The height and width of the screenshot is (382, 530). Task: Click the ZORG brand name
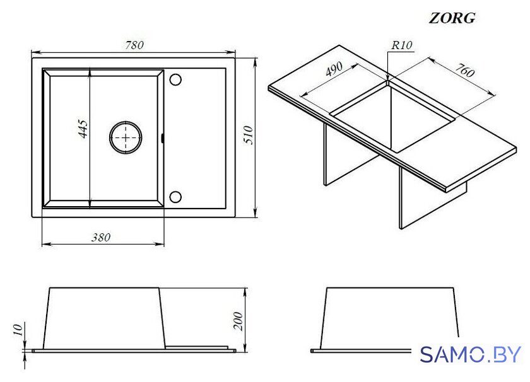click(452, 18)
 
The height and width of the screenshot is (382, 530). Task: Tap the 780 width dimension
click(134, 45)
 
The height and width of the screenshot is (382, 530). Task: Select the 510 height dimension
click(249, 135)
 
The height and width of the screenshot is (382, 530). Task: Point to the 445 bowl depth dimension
click(83, 129)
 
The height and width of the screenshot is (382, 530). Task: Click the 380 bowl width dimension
click(101, 238)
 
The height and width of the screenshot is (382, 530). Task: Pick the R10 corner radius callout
click(401, 45)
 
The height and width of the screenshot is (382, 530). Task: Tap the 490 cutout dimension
click(334, 69)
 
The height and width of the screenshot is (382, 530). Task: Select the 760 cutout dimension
click(464, 69)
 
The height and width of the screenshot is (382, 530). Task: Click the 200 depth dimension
click(238, 321)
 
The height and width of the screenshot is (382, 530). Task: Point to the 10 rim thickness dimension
click(18, 329)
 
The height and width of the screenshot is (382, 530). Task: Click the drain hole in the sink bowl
click(126, 137)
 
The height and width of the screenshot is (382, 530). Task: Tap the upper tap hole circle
click(175, 79)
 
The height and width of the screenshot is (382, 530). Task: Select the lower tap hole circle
click(175, 197)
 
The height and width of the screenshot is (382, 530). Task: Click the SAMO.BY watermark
click(471, 355)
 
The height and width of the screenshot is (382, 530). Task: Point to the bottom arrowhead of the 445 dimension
click(89, 203)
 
